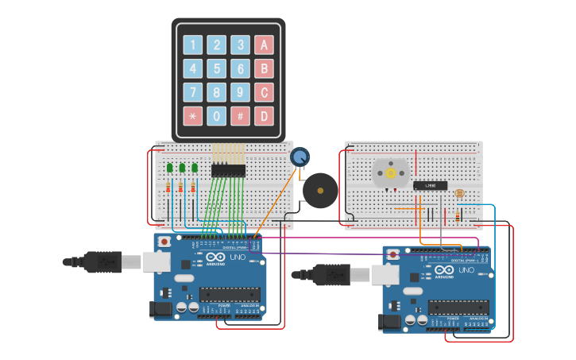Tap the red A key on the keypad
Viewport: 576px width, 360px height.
click(264, 45)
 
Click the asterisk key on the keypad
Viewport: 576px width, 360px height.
click(193, 116)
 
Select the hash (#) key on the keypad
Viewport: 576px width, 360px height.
click(240, 116)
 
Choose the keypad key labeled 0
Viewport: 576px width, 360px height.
click(216, 116)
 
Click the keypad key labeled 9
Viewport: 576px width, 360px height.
click(240, 92)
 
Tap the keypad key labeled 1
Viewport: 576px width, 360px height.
click(193, 45)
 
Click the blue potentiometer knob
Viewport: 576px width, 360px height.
click(300, 157)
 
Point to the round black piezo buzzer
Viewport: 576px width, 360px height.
click(321, 191)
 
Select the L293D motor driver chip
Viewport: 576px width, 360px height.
click(430, 185)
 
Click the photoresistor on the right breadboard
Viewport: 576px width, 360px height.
click(458, 192)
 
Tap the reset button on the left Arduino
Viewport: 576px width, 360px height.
click(164, 241)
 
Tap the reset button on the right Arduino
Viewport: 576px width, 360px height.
click(392, 255)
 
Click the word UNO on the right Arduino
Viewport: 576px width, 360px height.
click(466, 270)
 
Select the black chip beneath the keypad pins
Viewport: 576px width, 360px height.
click(228, 168)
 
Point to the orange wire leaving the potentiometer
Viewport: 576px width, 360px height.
click(278, 199)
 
